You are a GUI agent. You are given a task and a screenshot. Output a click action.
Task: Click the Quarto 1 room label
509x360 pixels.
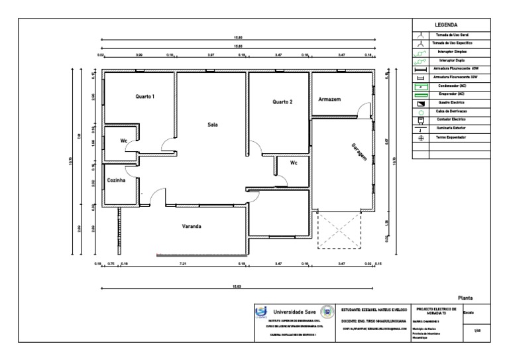(x=145, y=97)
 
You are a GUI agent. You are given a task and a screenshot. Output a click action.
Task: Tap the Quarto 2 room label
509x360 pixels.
(x=282, y=102)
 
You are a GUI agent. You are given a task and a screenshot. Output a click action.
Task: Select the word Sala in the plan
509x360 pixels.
(x=213, y=124)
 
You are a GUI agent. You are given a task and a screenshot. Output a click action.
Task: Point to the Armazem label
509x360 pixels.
(x=329, y=99)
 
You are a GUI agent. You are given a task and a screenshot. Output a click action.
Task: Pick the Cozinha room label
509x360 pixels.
(x=117, y=180)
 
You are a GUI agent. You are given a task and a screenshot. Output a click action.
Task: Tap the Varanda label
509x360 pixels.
(x=192, y=227)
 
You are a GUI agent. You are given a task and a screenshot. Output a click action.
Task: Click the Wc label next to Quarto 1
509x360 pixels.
(x=123, y=141)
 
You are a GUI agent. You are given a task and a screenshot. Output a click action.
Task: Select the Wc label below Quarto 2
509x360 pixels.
(x=293, y=162)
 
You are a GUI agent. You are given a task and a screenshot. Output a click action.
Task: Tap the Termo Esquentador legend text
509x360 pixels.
(x=454, y=137)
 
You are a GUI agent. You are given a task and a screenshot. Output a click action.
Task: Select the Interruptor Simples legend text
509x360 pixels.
(x=454, y=51)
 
